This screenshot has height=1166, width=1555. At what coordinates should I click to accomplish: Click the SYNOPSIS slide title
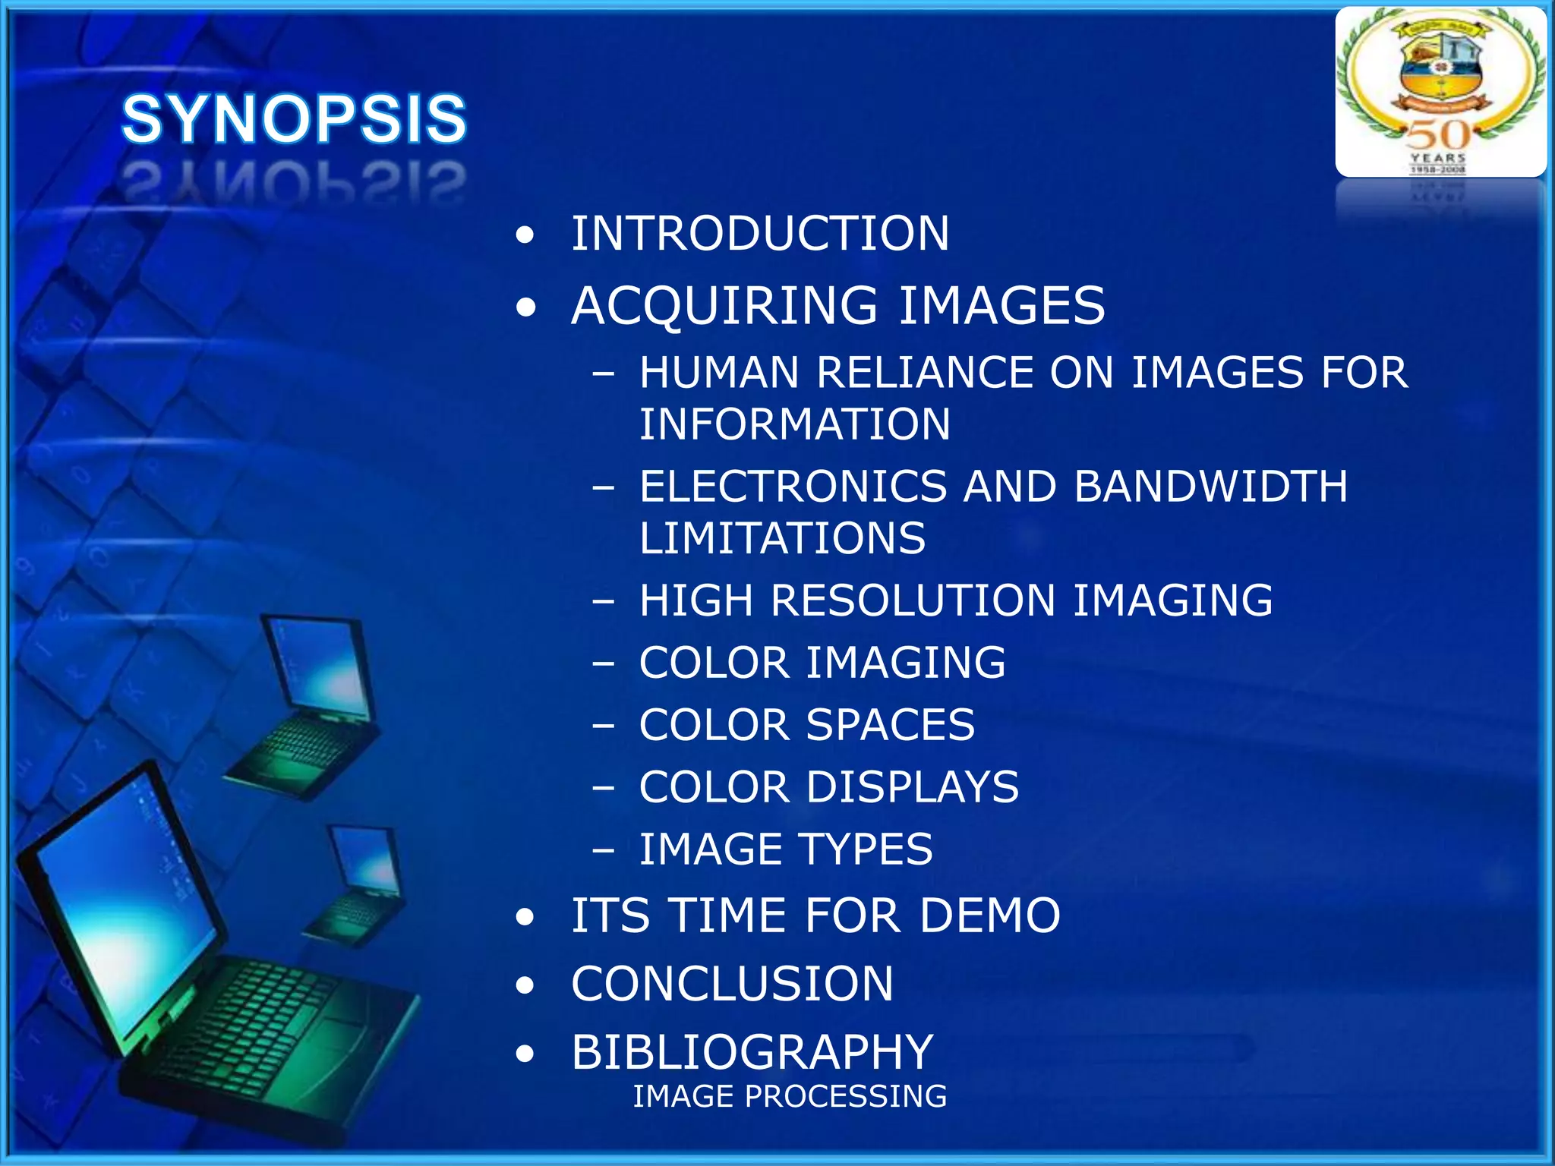(x=294, y=119)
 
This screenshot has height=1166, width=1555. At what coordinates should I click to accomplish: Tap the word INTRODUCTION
(x=760, y=233)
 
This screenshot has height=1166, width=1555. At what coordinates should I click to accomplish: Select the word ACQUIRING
(x=724, y=305)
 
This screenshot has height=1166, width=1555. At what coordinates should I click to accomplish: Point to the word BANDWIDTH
(x=1210, y=487)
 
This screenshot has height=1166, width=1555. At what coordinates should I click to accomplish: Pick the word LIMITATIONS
(x=782, y=538)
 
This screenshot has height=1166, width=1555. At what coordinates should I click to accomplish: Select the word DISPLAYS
(x=912, y=787)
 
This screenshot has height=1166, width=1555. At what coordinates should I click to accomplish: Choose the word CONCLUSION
(x=732, y=984)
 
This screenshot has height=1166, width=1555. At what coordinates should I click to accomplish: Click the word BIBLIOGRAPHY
(x=752, y=1052)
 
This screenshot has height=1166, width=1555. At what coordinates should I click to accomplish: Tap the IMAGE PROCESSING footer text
(x=790, y=1096)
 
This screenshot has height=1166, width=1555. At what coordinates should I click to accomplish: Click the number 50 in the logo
(x=1437, y=135)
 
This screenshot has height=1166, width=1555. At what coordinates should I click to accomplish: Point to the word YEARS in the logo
(x=1438, y=158)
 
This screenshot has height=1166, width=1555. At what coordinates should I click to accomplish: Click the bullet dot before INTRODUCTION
(x=525, y=235)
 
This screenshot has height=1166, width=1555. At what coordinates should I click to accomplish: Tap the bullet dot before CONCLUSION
(x=525, y=986)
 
